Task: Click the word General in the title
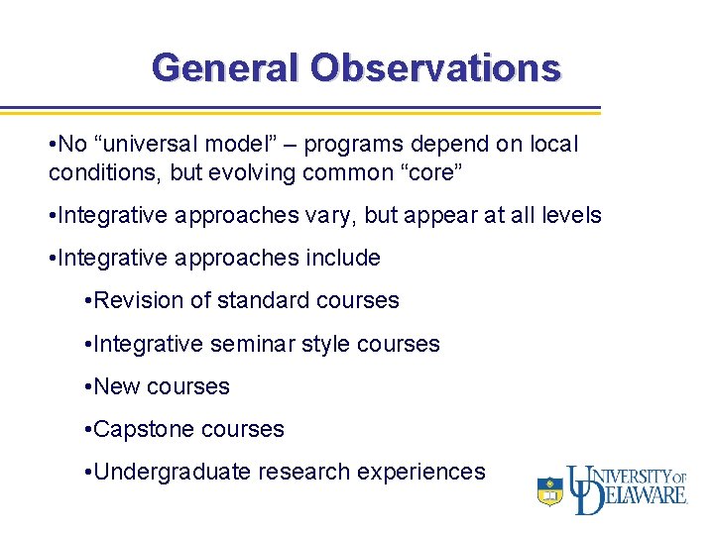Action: (226, 67)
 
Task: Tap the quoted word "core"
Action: (425, 172)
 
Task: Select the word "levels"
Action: (568, 215)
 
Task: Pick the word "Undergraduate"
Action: (173, 472)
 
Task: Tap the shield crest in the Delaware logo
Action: (549, 490)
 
